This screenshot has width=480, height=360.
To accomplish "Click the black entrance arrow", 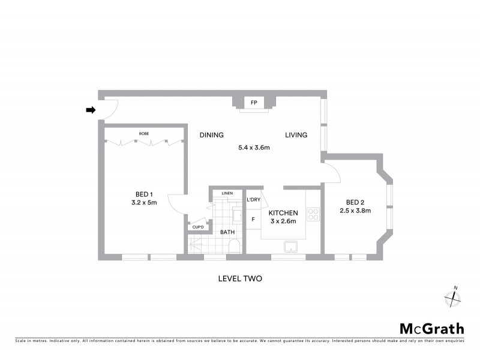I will [91, 110].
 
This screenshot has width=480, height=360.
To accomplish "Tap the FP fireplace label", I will [254, 103].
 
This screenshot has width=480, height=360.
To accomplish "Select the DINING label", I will [212, 135].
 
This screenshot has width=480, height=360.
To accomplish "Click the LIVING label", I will [296, 135].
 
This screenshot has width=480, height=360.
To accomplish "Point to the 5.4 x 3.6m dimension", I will [254, 148].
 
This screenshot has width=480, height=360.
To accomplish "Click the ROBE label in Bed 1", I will [144, 133].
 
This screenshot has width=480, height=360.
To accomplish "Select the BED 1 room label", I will [144, 194].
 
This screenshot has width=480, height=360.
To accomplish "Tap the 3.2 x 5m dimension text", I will [144, 203].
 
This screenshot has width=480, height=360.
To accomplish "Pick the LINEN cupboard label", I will [227, 193].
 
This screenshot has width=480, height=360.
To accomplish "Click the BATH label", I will [227, 232].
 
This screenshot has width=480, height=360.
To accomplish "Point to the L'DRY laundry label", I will [254, 199].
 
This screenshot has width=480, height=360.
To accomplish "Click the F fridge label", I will [253, 220].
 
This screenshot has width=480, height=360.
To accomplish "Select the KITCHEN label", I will [283, 214].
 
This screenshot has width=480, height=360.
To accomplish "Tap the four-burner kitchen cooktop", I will [313, 214].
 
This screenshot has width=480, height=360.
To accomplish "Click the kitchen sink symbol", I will [292, 246].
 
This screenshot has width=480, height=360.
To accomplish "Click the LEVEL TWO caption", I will [239, 279].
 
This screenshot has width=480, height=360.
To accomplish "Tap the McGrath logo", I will [431, 329].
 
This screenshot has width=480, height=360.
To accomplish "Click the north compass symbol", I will [451, 297].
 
